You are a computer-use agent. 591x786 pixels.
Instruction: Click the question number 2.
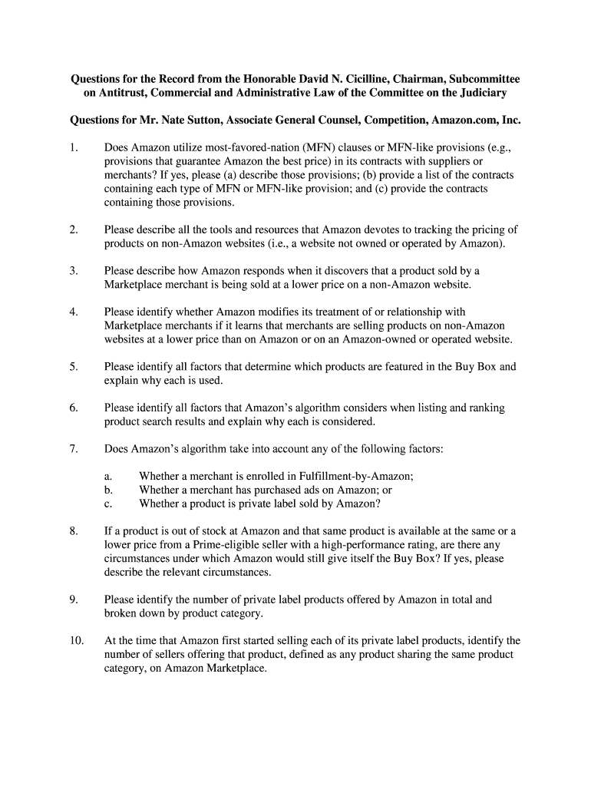tap(73, 230)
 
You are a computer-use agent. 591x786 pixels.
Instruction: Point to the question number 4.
tap(73, 312)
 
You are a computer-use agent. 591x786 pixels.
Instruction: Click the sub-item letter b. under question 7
tap(108, 490)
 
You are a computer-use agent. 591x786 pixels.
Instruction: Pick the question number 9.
tap(73, 600)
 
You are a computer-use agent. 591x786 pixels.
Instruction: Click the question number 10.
tap(75, 641)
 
